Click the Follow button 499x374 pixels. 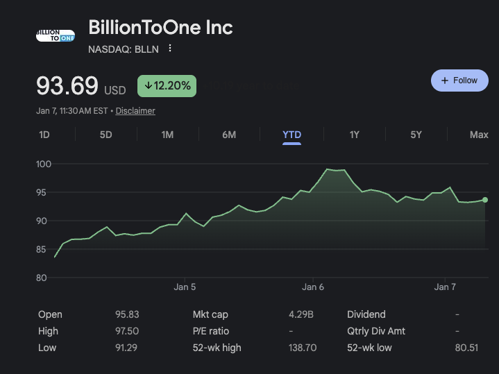coord(459,80)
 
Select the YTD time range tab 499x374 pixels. coord(291,135)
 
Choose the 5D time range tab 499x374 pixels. coord(105,135)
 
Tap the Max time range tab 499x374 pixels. coord(479,135)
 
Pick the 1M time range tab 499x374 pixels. coord(167,135)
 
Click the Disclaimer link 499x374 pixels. coord(135,111)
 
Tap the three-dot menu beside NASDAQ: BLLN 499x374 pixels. coord(170,49)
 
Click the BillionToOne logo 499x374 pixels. coord(55,35)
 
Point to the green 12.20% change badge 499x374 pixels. coord(167,86)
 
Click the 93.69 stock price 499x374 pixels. coord(67,86)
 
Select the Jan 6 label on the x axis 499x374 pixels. coord(313,287)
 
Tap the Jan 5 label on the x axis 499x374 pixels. coord(185,287)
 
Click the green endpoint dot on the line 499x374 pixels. coord(484,200)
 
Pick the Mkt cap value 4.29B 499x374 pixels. coord(301,314)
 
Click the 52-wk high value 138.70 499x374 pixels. coord(303,348)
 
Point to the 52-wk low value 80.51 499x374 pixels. coord(466,348)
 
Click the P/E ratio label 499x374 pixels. coord(210,331)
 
